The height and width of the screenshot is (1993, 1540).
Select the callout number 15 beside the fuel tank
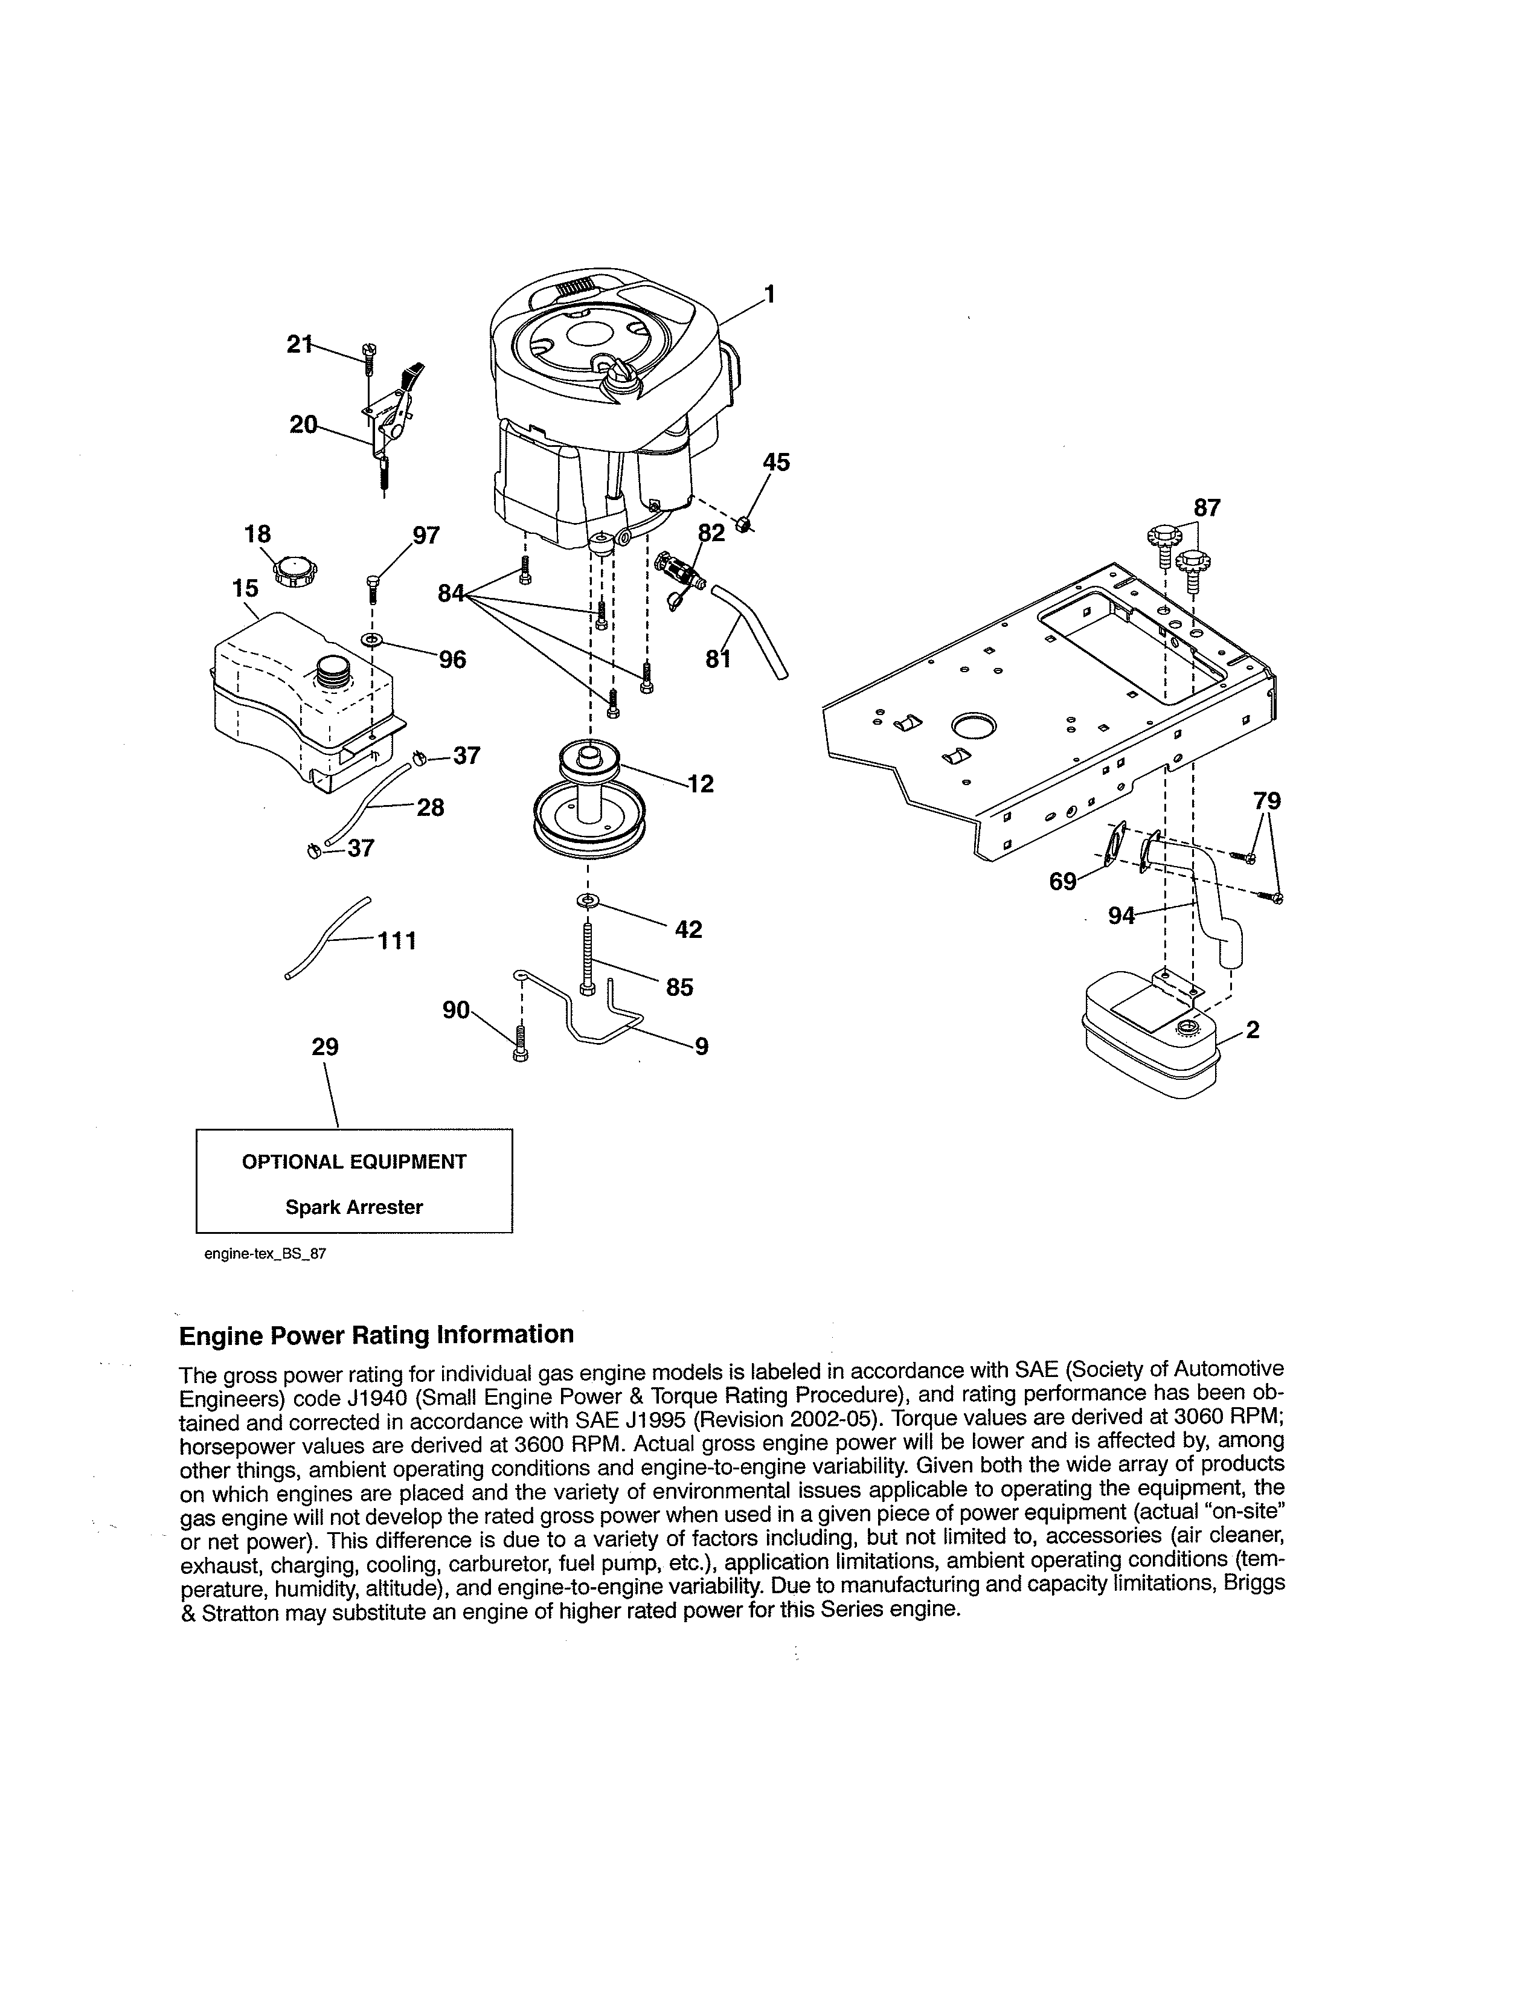click(x=245, y=589)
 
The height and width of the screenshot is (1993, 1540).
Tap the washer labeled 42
click(x=586, y=902)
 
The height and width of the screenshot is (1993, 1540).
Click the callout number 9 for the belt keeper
click(x=701, y=1047)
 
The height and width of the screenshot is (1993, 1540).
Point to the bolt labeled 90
click(x=520, y=1043)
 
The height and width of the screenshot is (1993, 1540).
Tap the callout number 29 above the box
click(x=325, y=1047)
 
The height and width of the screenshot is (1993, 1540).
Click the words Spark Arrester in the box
click(x=354, y=1207)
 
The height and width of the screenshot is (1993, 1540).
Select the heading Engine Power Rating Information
click(x=376, y=1335)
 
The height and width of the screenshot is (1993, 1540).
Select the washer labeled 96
click(x=372, y=640)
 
